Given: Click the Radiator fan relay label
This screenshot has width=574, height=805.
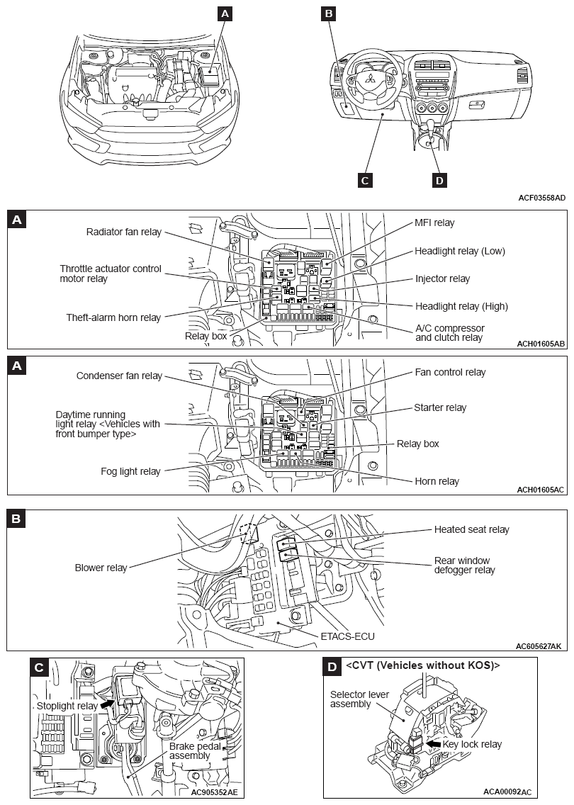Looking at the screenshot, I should [x=123, y=232].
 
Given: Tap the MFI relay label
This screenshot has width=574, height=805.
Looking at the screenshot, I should [x=434, y=223].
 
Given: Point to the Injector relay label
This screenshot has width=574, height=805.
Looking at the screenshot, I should [x=442, y=278].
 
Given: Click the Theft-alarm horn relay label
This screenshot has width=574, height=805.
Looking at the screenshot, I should [x=113, y=317].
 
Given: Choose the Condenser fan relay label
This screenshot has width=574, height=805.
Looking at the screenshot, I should [x=119, y=376].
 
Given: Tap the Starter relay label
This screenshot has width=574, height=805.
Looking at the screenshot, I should [x=440, y=407].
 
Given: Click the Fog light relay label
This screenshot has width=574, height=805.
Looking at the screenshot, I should [x=130, y=471].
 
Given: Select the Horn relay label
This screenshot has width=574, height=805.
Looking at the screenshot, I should [x=437, y=481].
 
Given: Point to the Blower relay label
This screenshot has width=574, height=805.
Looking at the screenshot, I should [x=101, y=568].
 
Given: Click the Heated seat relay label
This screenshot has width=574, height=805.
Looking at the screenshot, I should [x=471, y=529].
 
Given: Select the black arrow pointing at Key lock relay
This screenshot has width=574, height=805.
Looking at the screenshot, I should [x=432, y=744].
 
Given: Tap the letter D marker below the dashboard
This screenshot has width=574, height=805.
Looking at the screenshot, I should [x=439, y=180].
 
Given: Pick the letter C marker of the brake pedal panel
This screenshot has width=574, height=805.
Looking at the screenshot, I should [x=40, y=667].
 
